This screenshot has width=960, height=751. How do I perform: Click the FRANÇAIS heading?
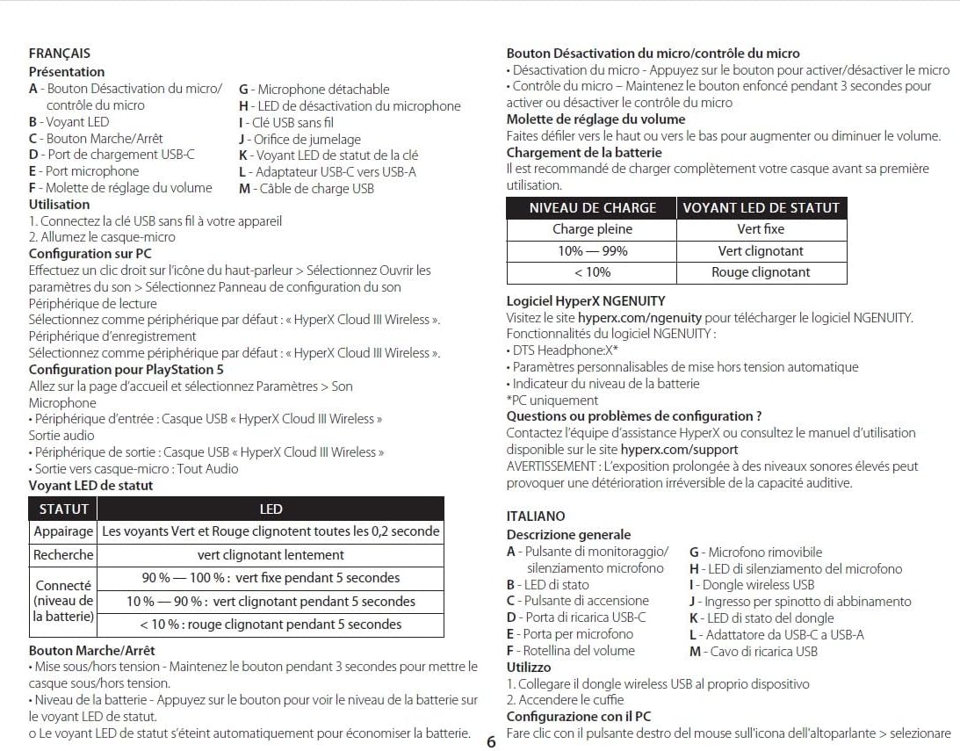59,54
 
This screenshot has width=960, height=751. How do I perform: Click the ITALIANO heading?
536,516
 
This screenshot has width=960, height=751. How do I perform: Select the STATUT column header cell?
63,509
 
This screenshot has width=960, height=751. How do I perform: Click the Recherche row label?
63,555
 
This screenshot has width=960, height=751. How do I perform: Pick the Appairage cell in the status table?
63,531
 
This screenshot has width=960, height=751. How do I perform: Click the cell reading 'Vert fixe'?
761,229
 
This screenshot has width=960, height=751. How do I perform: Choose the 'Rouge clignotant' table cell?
761,272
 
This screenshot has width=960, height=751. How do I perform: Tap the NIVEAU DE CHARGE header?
592,208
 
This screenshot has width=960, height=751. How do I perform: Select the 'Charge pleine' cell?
592,229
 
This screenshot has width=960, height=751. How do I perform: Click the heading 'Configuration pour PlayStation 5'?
126,370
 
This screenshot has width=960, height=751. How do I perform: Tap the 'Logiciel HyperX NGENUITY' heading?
586,300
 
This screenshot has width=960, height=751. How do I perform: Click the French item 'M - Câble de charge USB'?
307,188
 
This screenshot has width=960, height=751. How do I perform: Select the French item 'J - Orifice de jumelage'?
300,139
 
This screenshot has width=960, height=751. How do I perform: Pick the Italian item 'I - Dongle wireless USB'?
752,585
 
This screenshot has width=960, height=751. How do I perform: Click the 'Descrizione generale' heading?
568,534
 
